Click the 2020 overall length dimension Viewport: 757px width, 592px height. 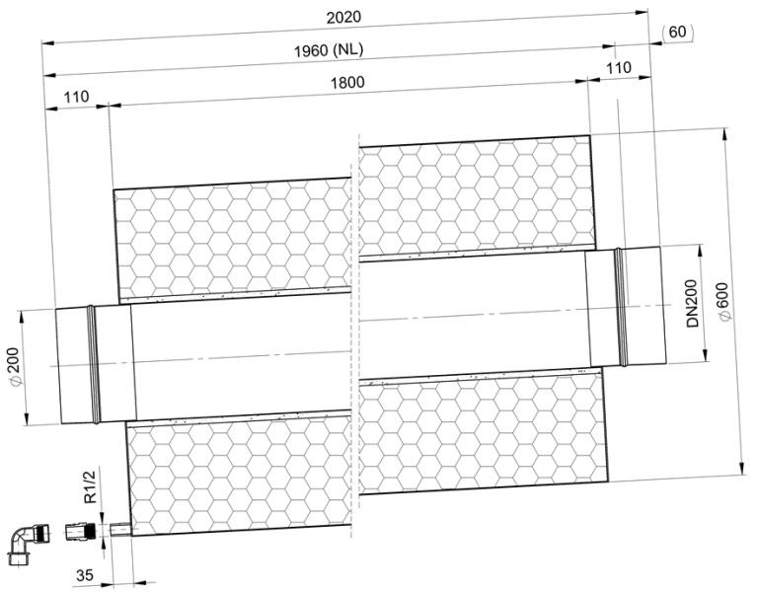pos(343,18)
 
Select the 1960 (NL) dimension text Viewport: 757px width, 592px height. pos(329,49)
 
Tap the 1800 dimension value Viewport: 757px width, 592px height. pos(347,83)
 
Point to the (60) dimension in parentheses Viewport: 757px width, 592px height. pos(677,32)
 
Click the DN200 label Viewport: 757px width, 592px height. pos(692,304)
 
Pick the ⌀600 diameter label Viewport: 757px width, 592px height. pos(724,301)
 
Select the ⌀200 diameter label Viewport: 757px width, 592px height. pos(14,367)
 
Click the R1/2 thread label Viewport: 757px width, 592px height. pos(90,486)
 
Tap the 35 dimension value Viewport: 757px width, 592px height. pos(85,575)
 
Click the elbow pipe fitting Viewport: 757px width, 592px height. pos(27,543)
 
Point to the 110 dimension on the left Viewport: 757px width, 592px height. pos(76,97)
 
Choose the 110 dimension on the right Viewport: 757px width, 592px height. pos(619,67)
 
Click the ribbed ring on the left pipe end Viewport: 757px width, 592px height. pos(94,364)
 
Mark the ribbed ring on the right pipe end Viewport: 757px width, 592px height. pos(622,307)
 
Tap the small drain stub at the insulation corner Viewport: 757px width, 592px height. pos(120,530)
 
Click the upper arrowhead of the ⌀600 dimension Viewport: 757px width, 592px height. pos(724,134)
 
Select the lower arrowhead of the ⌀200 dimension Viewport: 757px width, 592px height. pos(26,418)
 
